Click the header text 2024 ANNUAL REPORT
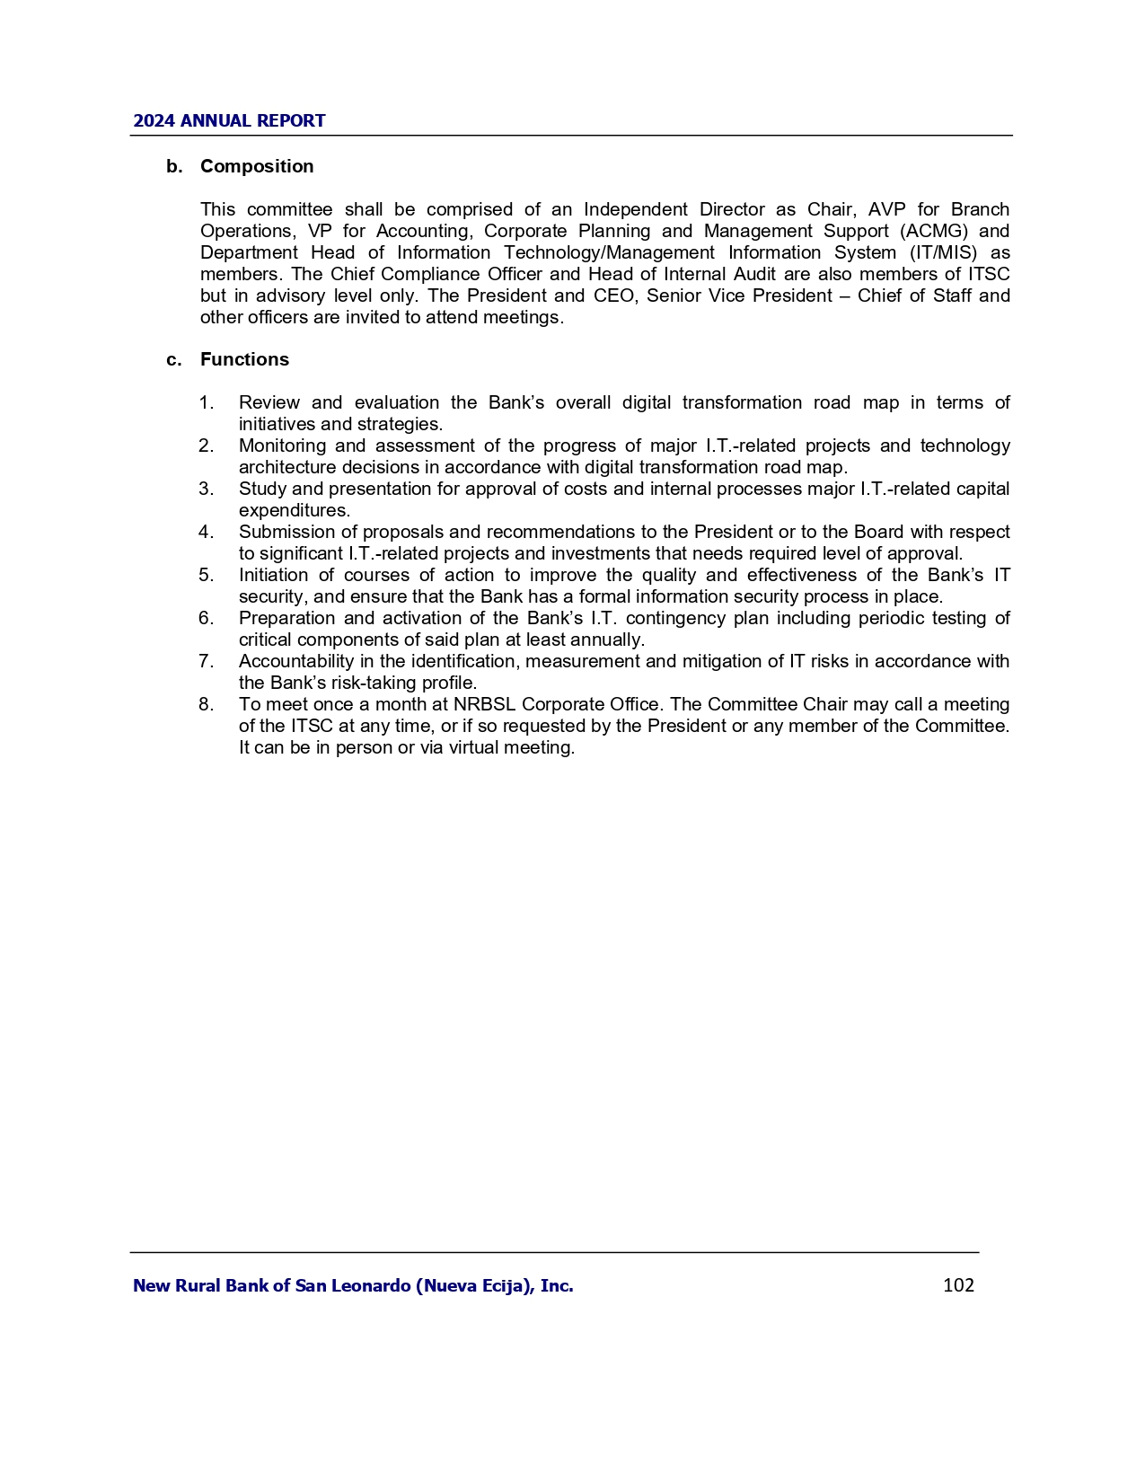229,121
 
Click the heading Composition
257,166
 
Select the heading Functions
244,359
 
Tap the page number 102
958,1285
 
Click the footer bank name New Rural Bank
353,1286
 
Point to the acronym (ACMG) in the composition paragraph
934,231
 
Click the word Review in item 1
269,402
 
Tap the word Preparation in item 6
286,618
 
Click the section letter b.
174,166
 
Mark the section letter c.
173,359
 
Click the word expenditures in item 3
294,510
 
